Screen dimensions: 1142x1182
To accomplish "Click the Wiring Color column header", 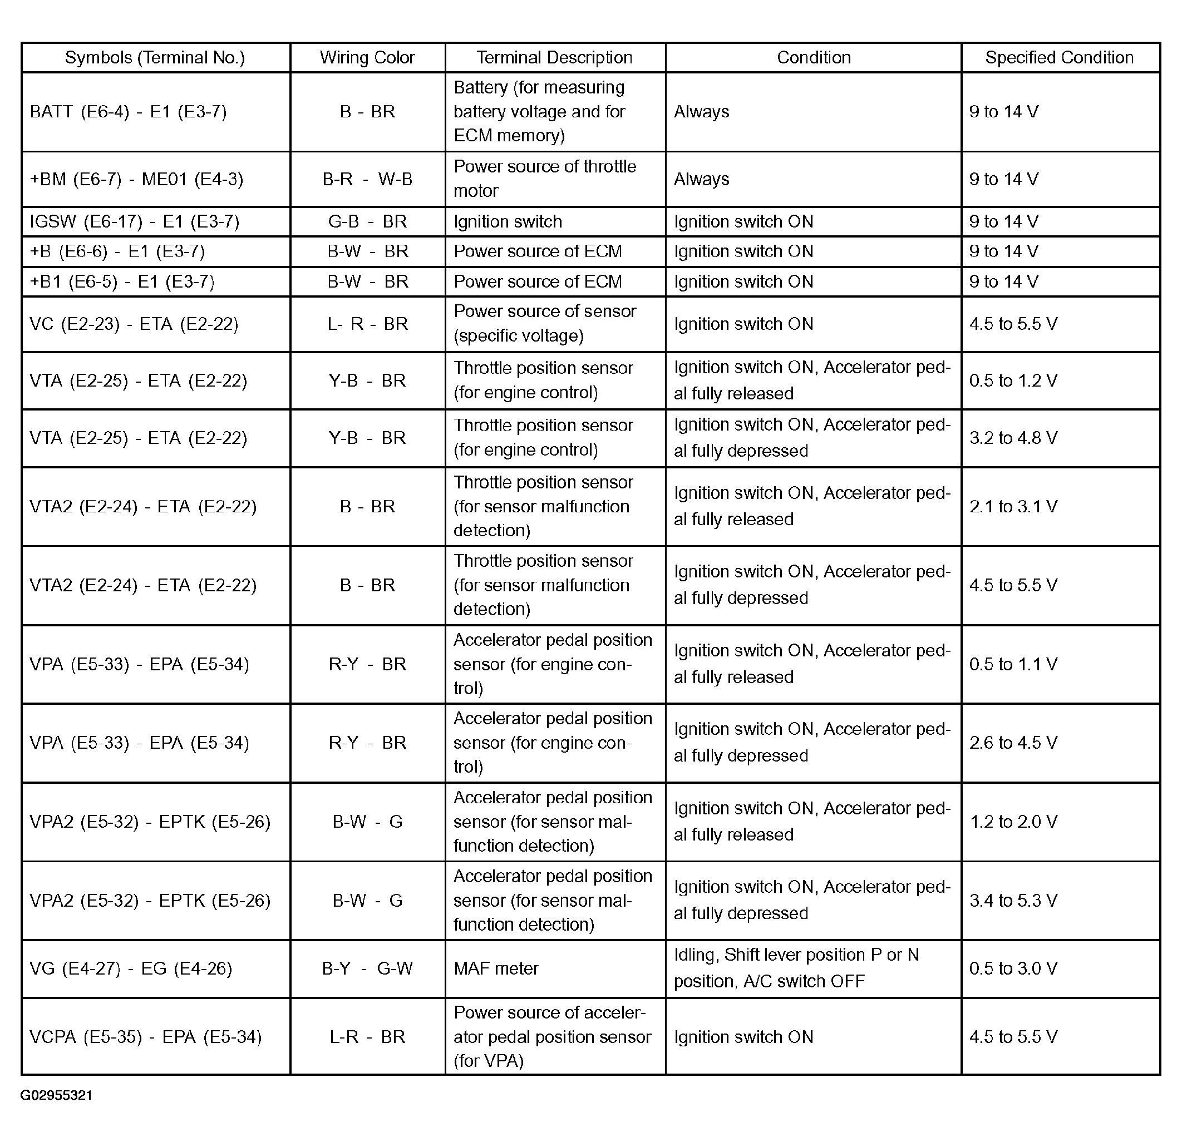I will pyautogui.click(x=367, y=58).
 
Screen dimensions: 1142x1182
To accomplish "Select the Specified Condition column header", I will pyautogui.click(x=1059, y=58).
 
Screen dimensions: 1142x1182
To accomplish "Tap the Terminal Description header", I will pyautogui.click(x=554, y=58).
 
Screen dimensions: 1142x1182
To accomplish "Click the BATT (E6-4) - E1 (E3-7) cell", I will pyautogui.click(x=128, y=112).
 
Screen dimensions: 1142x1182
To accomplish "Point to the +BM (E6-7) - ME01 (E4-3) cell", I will pyautogui.click(x=136, y=180).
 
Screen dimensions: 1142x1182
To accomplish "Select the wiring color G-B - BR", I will pyautogui.click(x=367, y=222).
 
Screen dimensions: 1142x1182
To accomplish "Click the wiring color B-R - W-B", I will pyautogui.click(x=367, y=180).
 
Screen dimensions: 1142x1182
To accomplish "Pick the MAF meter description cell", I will pyautogui.click(x=496, y=968).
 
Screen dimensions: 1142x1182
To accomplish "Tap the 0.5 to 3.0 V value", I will pyautogui.click(x=1013, y=968).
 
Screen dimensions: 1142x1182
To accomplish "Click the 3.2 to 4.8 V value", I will pyautogui.click(x=1013, y=438).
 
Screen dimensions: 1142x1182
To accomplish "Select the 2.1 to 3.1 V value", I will pyautogui.click(x=1013, y=507).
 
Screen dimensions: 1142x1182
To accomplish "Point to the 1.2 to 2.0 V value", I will pyautogui.click(x=1013, y=822).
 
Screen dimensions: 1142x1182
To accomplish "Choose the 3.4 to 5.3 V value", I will pyautogui.click(x=1013, y=901).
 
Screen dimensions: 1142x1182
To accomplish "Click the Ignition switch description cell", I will pyautogui.click(x=508, y=222).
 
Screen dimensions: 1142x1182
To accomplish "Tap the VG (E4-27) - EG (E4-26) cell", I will pyautogui.click(x=131, y=968).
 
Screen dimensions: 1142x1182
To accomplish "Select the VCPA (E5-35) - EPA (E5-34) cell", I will pyautogui.click(x=145, y=1037).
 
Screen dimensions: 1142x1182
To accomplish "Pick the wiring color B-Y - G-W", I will pyautogui.click(x=367, y=968).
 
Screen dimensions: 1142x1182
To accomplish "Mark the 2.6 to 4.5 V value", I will pyautogui.click(x=1013, y=743).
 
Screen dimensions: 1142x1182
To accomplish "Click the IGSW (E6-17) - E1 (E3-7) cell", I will pyautogui.click(x=135, y=222).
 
